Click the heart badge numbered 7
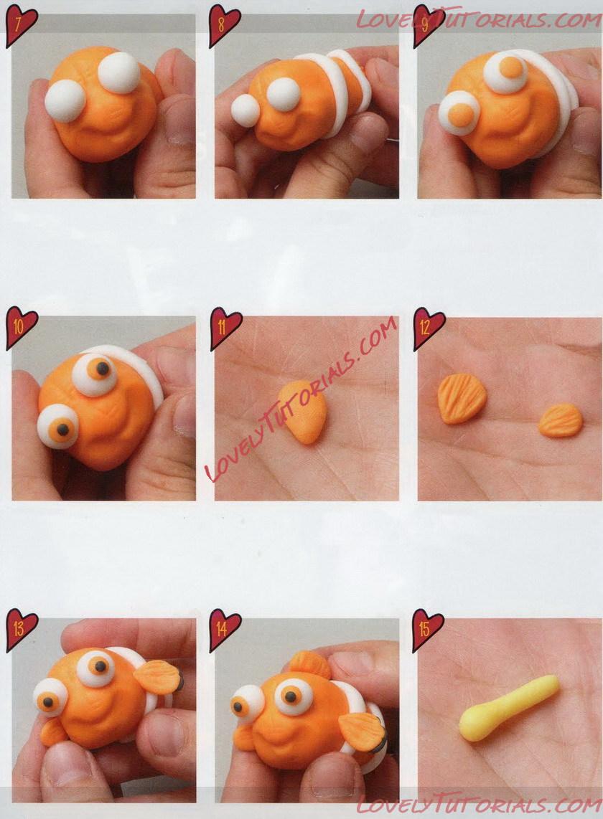(21, 25)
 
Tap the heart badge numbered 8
(224, 25)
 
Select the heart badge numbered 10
(21, 328)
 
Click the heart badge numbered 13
(21, 630)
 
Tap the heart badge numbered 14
(225, 630)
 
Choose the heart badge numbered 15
(427, 630)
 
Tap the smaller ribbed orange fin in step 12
(560, 420)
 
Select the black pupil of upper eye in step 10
(103, 369)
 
